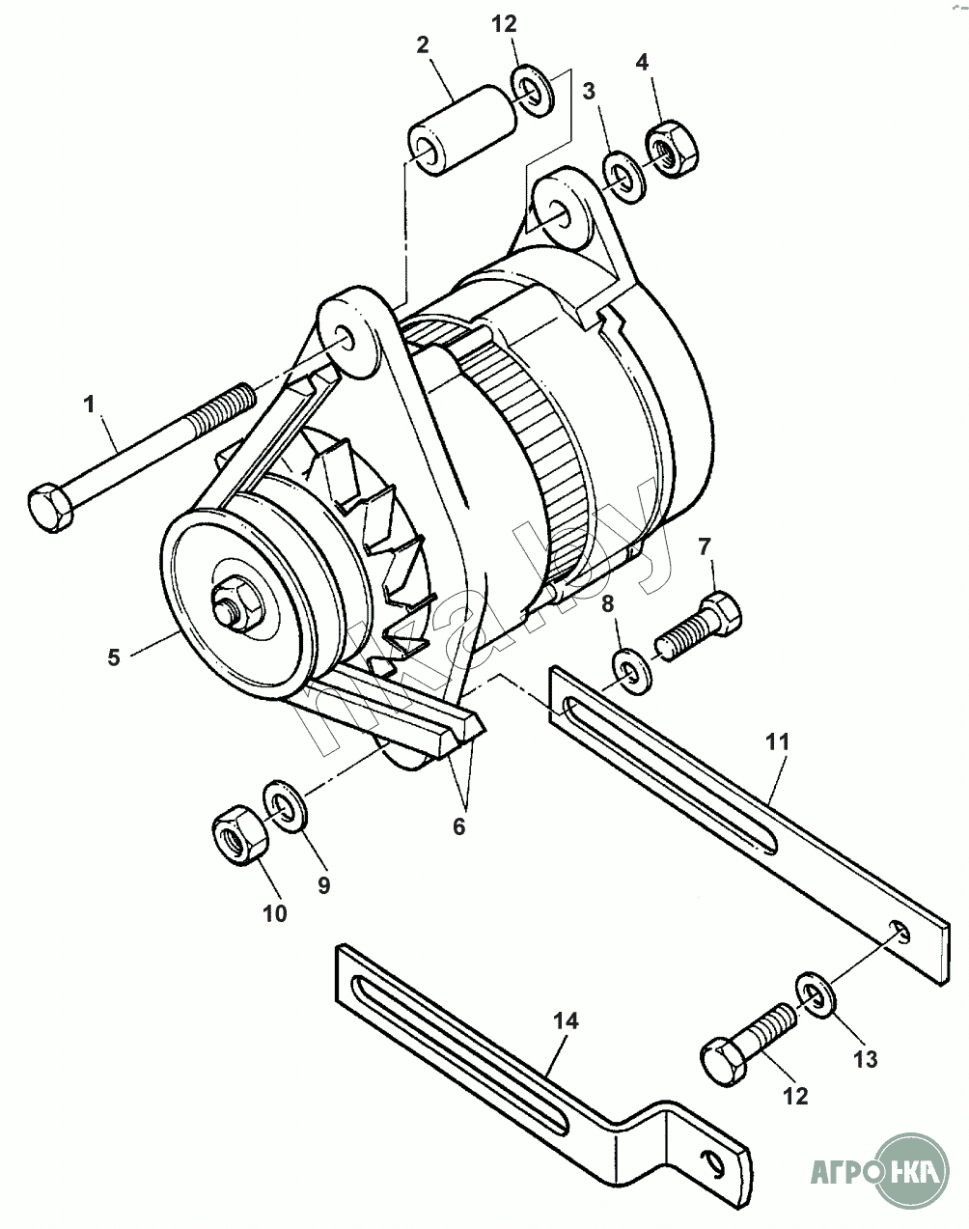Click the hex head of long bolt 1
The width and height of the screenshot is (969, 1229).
coord(50,507)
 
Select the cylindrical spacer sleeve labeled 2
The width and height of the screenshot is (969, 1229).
coord(460,130)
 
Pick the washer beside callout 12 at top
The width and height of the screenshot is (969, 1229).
coord(532,91)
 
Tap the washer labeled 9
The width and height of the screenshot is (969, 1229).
coord(285,806)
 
